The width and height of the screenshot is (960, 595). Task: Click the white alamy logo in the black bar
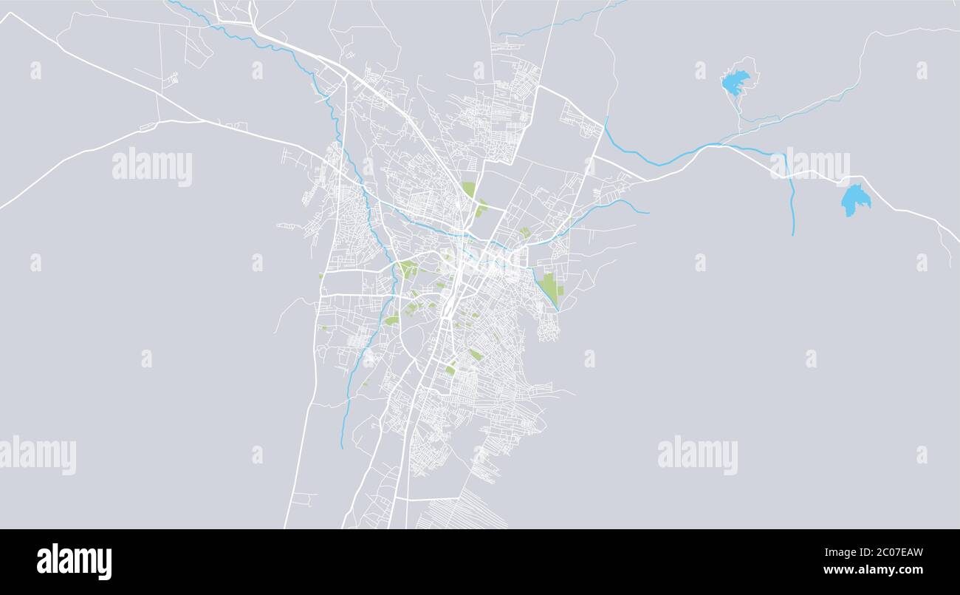point(74,561)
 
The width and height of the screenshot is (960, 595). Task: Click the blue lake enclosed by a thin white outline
point(735,81)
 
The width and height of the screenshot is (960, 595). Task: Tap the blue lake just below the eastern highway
point(854,199)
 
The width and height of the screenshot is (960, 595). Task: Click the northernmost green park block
point(469,189)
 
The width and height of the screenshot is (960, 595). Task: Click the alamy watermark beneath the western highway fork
point(152,167)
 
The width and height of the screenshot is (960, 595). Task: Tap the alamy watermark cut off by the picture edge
point(38,455)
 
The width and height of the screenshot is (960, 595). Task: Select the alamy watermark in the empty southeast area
point(697,455)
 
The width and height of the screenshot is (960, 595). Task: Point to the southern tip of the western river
point(341,447)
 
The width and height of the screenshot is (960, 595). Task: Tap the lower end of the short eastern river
point(793,234)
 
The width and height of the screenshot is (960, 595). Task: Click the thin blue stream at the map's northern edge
point(561,22)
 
